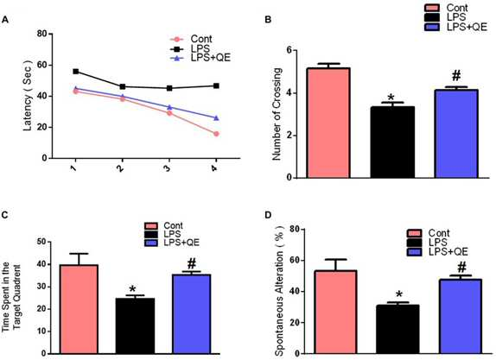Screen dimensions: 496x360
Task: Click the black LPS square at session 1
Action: (75, 72)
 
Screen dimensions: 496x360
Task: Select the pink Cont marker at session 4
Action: (216, 134)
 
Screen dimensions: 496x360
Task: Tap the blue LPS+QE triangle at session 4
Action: (216, 118)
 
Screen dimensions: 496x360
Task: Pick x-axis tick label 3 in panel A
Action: (168, 167)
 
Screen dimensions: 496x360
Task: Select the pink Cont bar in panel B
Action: (328, 123)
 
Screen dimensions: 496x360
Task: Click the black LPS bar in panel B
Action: (392, 142)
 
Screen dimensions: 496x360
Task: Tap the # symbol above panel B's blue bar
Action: (456, 75)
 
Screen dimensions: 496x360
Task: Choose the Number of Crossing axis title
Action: (277, 114)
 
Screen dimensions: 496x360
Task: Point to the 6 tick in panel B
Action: (289, 51)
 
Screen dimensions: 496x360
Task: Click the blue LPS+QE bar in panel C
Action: (191, 314)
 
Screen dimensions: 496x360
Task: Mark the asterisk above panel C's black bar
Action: (132, 288)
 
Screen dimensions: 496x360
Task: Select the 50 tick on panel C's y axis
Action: (41, 242)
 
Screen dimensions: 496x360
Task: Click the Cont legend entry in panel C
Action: (164, 225)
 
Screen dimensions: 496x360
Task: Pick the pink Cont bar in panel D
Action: (335, 312)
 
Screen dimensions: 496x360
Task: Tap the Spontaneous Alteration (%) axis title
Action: (280, 290)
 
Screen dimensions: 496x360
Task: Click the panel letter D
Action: (268, 215)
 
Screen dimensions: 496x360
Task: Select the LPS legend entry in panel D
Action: (428, 243)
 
